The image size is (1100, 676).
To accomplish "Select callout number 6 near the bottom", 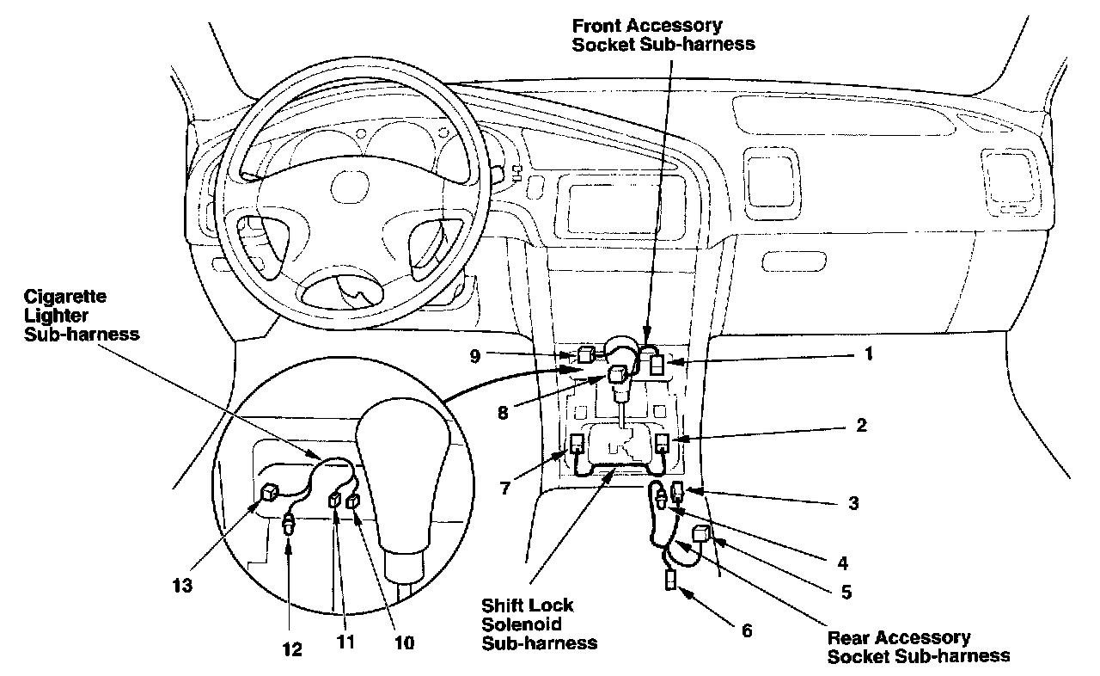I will pyautogui.click(x=746, y=630).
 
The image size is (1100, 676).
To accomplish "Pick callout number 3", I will pyautogui.click(x=852, y=503).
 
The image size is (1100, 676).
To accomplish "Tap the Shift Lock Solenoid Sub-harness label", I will pyautogui.click(x=539, y=624).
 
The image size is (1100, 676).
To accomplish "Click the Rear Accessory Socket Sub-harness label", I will pyautogui.click(x=918, y=646).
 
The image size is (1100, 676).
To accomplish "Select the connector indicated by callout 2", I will pyautogui.click(x=663, y=444).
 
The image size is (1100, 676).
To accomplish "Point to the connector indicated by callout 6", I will pyautogui.click(x=669, y=581).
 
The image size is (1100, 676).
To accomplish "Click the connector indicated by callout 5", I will pyautogui.click(x=700, y=533).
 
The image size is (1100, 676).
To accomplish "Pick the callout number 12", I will pyautogui.click(x=292, y=649).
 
